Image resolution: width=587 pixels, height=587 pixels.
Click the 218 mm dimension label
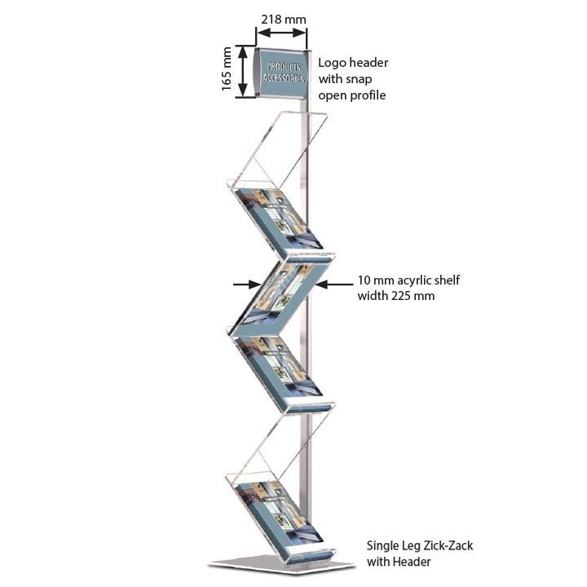(x=284, y=19)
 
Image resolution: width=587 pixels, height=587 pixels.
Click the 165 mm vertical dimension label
(x=227, y=68)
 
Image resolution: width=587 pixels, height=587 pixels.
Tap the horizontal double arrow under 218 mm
(x=281, y=33)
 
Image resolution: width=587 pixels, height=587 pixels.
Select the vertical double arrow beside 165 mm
(x=243, y=71)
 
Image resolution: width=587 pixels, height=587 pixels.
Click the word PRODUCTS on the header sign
(x=284, y=67)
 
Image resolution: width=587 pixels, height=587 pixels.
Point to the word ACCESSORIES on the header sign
(x=284, y=78)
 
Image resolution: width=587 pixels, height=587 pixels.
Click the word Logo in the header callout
(x=333, y=63)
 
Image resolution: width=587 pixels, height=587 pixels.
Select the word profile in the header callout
(x=367, y=95)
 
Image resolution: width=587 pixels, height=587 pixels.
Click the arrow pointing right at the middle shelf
(x=246, y=285)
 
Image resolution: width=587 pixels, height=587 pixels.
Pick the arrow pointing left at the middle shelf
(x=334, y=285)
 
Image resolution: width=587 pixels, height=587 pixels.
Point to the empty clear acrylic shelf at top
(x=279, y=150)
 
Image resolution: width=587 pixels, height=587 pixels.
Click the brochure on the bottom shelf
(x=279, y=513)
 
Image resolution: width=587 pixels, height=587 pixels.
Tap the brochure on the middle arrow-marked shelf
(x=281, y=296)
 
